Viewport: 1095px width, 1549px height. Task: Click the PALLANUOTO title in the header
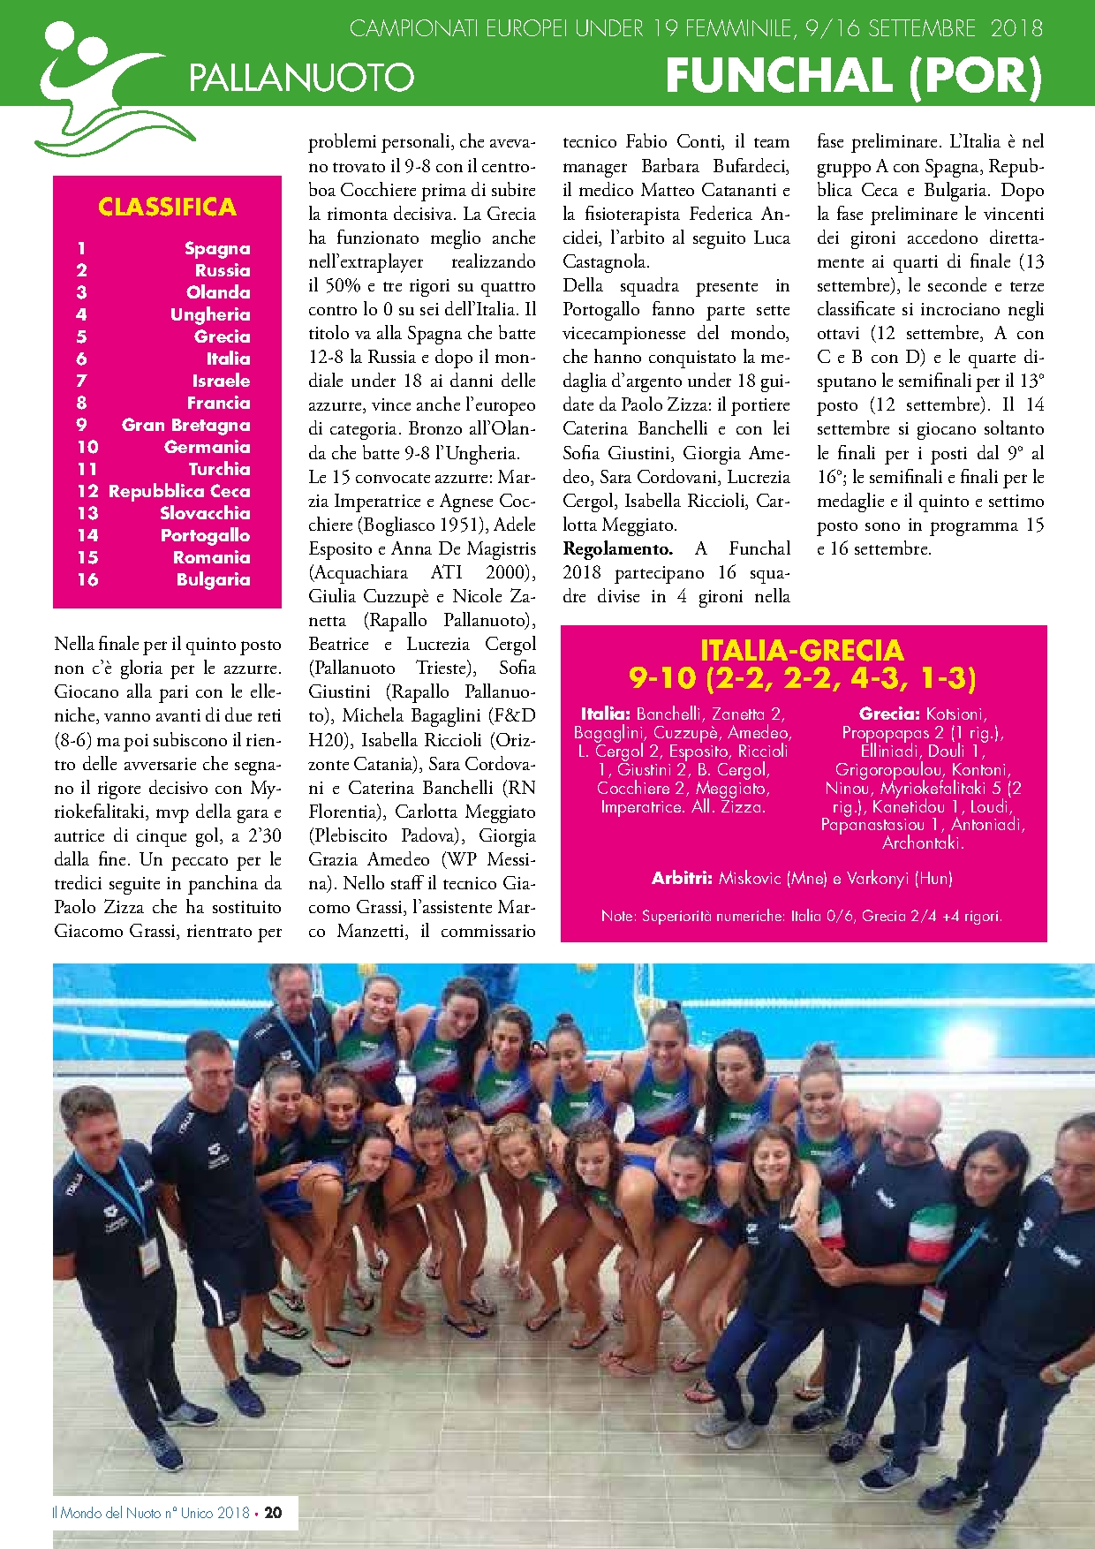[301, 78]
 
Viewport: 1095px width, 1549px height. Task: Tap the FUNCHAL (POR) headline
[853, 76]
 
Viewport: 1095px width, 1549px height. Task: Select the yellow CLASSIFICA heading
[167, 207]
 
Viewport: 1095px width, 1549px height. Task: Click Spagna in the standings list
[217, 248]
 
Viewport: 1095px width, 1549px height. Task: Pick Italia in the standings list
[228, 359]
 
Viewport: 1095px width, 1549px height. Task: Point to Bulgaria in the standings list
[213, 579]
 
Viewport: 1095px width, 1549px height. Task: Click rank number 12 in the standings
[87, 491]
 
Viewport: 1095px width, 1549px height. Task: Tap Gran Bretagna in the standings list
[185, 425]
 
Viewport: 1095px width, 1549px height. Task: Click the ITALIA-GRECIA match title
[802, 651]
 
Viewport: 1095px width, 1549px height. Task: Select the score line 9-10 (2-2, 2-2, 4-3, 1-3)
[802, 678]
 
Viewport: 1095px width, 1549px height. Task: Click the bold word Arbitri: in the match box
[682, 878]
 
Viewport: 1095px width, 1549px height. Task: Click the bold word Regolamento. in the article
[617, 548]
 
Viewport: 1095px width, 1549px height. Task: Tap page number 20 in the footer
[273, 1513]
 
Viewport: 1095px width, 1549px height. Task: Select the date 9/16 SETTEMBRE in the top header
[890, 29]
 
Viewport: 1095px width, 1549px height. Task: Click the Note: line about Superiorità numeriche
[802, 916]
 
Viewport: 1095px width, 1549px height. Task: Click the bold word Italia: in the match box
[606, 714]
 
